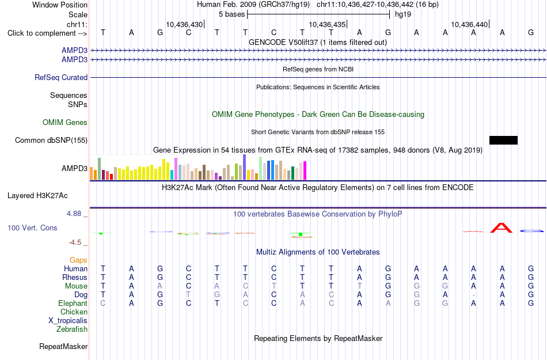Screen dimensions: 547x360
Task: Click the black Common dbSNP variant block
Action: [503, 140]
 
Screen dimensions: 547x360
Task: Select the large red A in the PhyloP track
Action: [502, 228]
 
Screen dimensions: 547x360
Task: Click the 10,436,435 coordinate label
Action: [327, 24]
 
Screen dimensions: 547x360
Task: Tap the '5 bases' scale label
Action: [231, 14]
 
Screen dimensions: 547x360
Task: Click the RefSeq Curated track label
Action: [61, 77]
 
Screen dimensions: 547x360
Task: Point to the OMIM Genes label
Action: [65, 123]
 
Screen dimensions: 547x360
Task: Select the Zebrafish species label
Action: [72, 329]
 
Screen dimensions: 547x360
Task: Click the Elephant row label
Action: [73, 303]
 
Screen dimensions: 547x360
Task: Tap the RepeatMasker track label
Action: [63, 346]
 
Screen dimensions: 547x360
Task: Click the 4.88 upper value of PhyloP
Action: [74, 214]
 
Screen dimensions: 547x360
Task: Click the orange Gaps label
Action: [78, 260]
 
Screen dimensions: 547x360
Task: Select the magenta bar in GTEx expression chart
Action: [305, 170]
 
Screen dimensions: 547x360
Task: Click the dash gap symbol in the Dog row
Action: [473, 295]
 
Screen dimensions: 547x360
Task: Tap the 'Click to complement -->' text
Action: [47, 33]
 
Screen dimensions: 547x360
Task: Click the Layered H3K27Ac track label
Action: [37, 196]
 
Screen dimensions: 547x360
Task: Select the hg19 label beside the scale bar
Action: [403, 14]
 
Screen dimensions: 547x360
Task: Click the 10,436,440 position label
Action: [469, 24]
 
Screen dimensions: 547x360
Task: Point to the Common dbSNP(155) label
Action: [51, 140]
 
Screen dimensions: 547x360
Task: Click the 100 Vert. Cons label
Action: [32, 228]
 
